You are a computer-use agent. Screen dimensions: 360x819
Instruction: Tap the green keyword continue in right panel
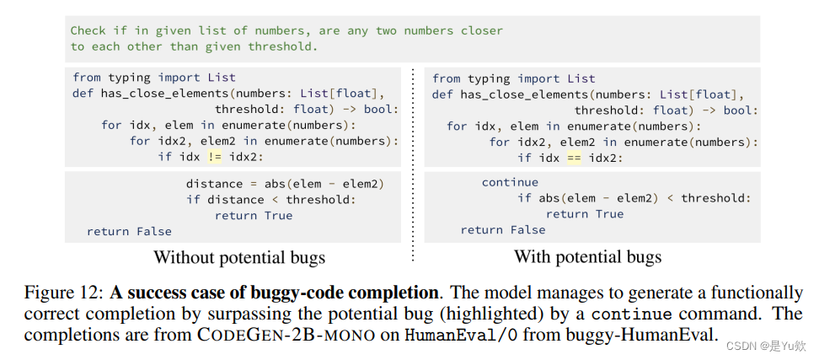[x=510, y=182]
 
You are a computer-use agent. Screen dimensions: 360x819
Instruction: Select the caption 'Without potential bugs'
[x=239, y=257]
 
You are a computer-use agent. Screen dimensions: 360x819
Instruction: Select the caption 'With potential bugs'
[x=587, y=257]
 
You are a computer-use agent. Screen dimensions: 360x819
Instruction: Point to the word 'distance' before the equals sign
[x=214, y=183]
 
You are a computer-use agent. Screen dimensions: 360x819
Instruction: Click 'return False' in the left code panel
[x=129, y=231]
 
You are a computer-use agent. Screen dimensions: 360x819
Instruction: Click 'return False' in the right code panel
[x=502, y=230]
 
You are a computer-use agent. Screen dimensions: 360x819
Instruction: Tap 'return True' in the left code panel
[x=254, y=215]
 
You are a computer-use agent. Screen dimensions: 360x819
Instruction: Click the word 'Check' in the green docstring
[x=88, y=30]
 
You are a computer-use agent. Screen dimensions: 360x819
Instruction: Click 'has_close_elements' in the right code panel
[x=525, y=94]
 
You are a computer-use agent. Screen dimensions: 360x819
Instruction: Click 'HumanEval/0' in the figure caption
[x=444, y=336]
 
